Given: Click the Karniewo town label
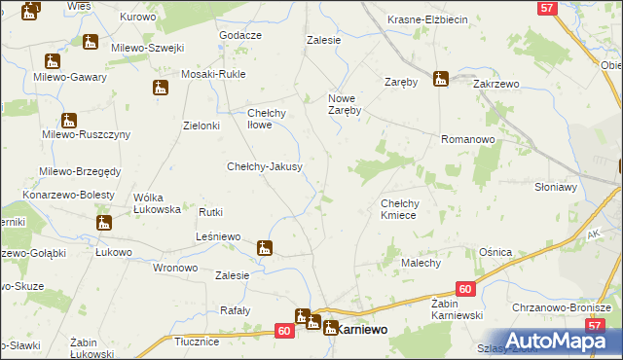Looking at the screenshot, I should click(360, 330).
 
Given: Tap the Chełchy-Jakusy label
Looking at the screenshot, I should click(264, 166).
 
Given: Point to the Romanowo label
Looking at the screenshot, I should click(468, 140).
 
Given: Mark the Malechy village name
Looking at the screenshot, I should click(421, 263).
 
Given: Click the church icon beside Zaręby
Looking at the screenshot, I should click(441, 79).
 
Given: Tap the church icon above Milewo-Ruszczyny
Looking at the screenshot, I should click(67, 121).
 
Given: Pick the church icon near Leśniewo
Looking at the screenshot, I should click(264, 248).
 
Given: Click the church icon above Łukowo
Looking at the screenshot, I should click(103, 224).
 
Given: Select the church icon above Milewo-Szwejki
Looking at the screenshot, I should click(91, 42).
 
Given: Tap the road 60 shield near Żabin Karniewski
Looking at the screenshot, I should click(465, 289).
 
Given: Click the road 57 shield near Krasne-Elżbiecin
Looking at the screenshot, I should click(547, 8).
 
